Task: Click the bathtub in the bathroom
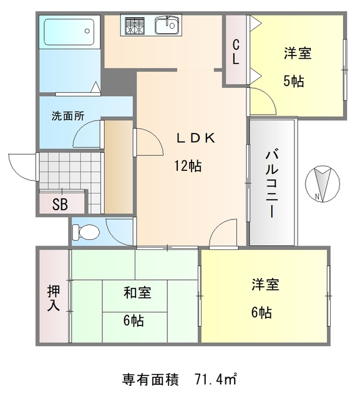point(69,31)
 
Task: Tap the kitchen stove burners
point(134,26)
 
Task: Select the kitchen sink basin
point(167,26)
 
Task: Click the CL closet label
point(236,52)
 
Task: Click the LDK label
point(195,139)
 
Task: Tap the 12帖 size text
point(187,166)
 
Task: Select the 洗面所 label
point(67,115)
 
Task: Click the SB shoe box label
point(60,204)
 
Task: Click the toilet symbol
point(85,233)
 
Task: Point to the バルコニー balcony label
point(272,183)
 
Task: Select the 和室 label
point(136,292)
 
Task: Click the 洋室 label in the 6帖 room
point(266,286)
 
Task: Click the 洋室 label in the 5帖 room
point(297,54)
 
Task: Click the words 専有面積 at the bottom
point(150,378)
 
